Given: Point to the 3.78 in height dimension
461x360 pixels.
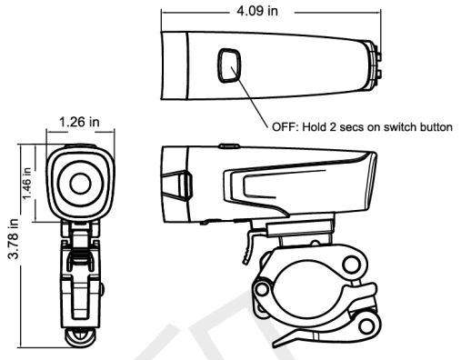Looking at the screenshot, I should coord(12,240).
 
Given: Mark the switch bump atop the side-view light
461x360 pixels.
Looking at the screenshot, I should coord(226,143).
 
